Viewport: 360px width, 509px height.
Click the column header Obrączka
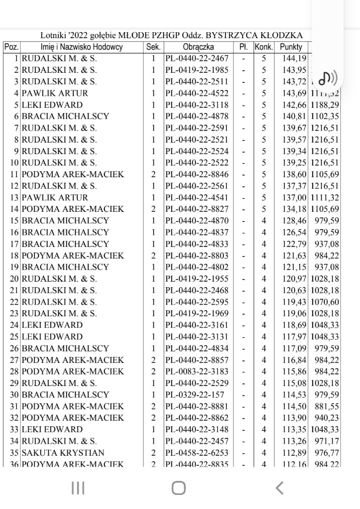198,47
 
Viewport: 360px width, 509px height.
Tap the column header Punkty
291,47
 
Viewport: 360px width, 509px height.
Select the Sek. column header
153,47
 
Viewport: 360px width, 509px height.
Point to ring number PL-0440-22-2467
197,58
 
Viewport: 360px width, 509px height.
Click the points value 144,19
293,58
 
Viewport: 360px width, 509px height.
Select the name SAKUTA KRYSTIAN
63,453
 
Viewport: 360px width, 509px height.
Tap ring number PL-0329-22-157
193,395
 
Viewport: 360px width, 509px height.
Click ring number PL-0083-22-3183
197,371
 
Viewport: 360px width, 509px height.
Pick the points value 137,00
293,197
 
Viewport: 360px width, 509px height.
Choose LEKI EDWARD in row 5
52,105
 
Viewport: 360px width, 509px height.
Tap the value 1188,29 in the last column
325,105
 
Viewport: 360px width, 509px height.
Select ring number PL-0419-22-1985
197,70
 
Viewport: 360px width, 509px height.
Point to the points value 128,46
293,220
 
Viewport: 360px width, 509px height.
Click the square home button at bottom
178,487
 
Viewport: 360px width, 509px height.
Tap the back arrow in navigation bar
280,487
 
